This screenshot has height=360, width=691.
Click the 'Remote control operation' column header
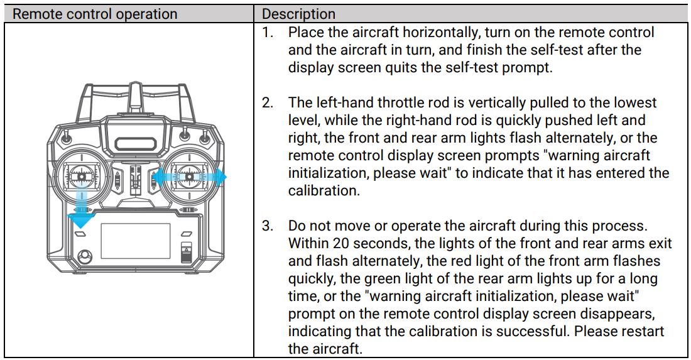point(95,14)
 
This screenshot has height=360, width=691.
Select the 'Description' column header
point(298,14)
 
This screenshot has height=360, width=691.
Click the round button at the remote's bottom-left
point(84,256)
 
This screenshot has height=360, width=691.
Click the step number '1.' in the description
point(268,32)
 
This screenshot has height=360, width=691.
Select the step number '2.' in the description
point(268,102)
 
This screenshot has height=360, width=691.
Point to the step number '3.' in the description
point(268,225)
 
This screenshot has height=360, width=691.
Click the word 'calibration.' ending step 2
point(324,190)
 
